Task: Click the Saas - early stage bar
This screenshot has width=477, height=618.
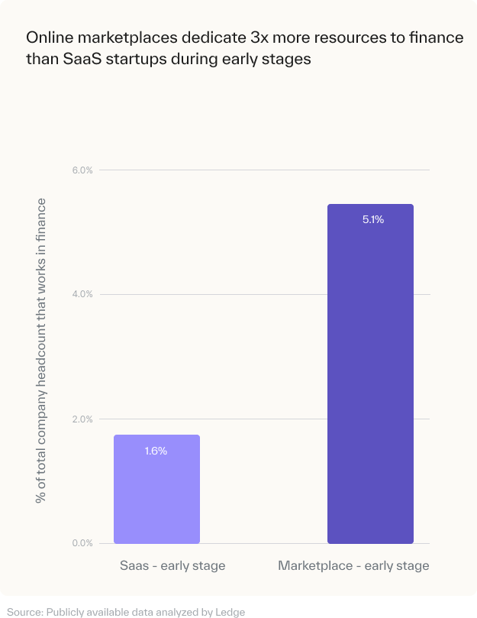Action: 156,489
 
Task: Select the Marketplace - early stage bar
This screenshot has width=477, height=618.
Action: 370,374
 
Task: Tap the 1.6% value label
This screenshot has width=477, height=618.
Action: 156,451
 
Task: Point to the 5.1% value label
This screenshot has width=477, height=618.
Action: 373,220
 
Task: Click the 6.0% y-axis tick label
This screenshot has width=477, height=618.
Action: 82,170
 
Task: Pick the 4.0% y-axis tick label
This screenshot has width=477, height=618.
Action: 82,295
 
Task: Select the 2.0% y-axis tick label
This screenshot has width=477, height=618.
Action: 82,419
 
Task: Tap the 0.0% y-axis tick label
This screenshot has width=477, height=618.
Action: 82,544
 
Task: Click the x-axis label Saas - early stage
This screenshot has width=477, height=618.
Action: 172,566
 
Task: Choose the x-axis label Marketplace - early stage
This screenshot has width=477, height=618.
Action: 353,566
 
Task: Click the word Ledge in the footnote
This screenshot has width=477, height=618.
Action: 230,612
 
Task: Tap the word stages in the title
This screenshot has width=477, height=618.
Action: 289,60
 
